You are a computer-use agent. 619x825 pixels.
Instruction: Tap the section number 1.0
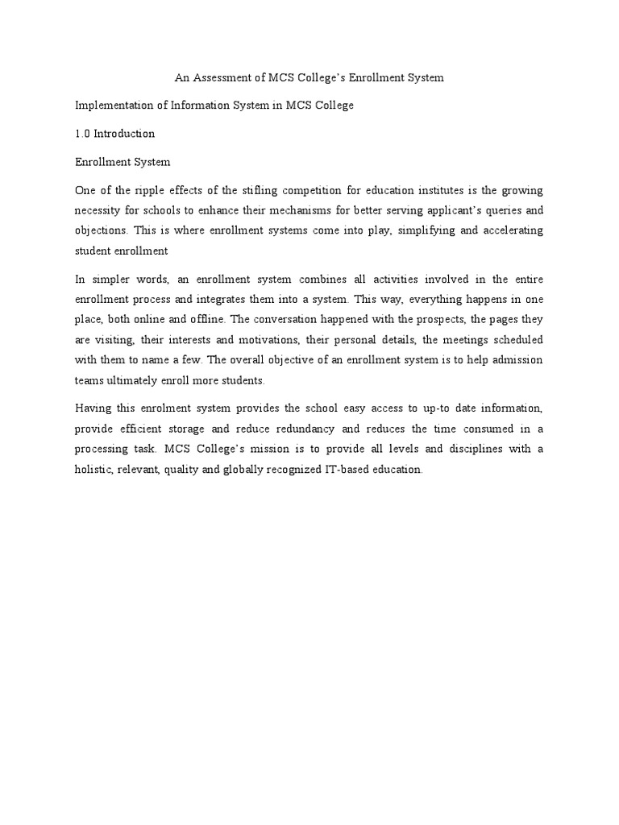[x=82, y=134]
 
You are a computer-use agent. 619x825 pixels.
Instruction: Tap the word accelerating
[x=510, y=230]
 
